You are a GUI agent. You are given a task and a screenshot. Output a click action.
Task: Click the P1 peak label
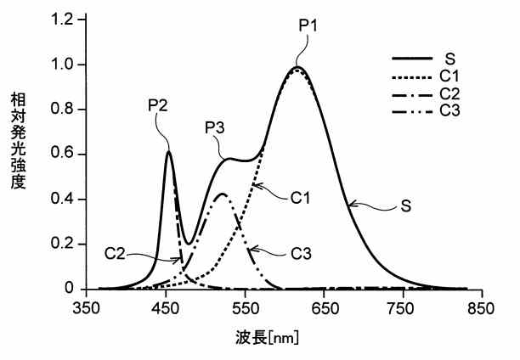pos(308,25)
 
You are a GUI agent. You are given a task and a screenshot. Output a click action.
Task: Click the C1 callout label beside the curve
pos(299,198)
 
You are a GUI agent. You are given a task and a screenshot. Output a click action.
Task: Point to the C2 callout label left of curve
pos(116,252)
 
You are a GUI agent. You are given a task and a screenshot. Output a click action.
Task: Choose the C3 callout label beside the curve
pos(299,252)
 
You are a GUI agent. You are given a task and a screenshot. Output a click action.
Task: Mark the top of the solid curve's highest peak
pos(297,67)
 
